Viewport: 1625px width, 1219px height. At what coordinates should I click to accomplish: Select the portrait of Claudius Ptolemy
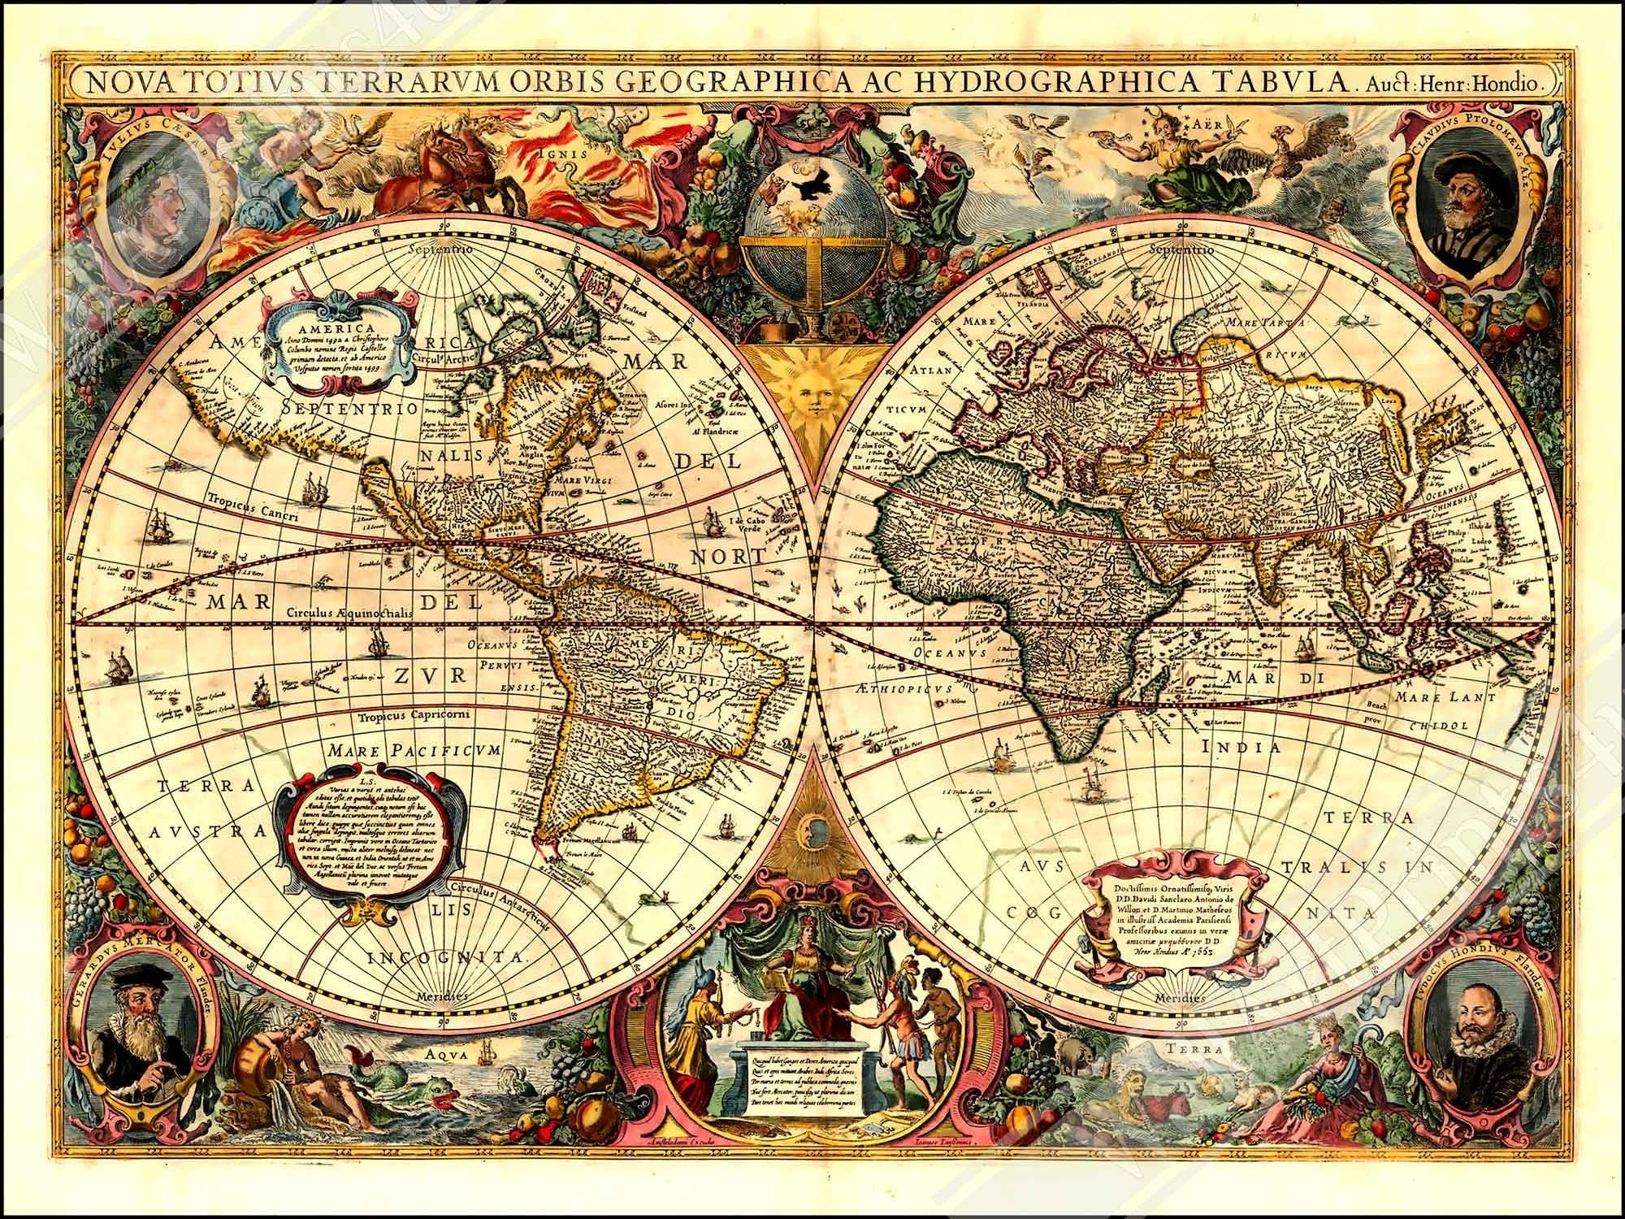point(1462,203)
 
